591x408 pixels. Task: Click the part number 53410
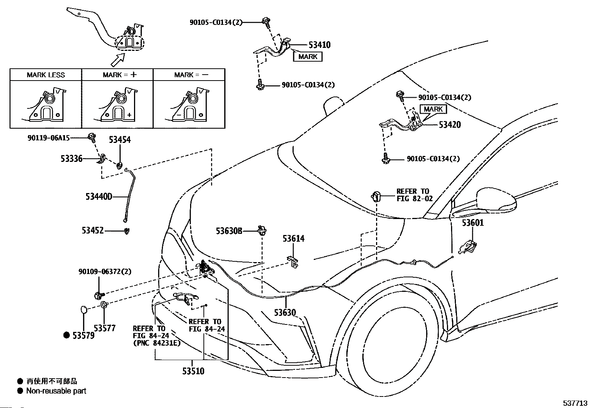320,45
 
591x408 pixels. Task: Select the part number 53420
450,125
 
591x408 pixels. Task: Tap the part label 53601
473,223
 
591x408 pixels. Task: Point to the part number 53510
193,371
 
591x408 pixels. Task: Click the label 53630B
229,231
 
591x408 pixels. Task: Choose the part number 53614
294,239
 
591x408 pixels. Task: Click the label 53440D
99,197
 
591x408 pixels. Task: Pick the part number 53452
92,231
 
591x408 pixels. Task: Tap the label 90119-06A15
49,138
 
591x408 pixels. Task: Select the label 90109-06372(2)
105,271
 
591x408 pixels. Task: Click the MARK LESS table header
46,75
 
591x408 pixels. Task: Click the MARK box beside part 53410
308,57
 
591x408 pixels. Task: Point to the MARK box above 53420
433,109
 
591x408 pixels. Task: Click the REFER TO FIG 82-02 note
415,195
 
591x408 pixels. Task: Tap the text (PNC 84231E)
157,343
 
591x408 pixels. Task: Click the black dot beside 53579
66,335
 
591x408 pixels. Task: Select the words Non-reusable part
56,391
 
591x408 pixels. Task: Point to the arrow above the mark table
118,60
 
